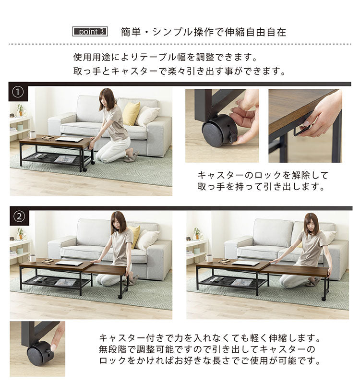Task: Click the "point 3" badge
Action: click(x=90, y=32)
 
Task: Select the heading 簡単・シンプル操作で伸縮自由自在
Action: click(x=204, y=32)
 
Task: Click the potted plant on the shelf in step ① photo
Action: click(x=20, y=110)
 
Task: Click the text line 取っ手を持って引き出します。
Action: click(x=261, y=187)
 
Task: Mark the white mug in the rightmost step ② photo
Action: click(x=209, y=258)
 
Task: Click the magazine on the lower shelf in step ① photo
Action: click(x=65, y=159)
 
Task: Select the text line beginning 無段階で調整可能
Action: click(x=207, y=349)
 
